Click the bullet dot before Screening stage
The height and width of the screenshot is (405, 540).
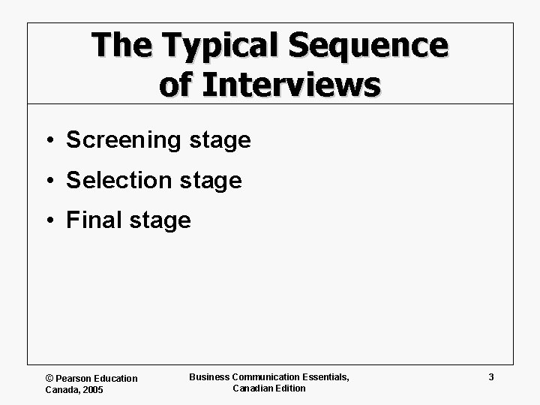(48, 141)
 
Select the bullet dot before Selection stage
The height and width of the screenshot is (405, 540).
(48, 181)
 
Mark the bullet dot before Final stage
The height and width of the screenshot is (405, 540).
(48, 221)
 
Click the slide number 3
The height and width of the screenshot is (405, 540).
(490, 377)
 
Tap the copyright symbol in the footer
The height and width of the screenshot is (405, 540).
(49, 379)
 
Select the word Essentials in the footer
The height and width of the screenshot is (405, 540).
(324, 376)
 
